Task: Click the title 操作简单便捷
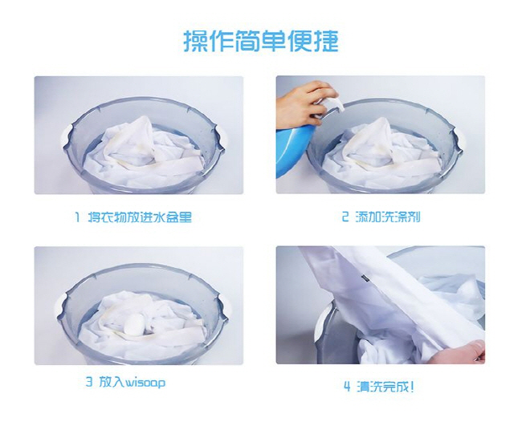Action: coord(261,41)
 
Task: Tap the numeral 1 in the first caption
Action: coord(77,217)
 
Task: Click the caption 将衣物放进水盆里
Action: coord(140,217)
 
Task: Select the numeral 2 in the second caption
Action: coord(345,217)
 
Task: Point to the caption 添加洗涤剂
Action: coord(388,217)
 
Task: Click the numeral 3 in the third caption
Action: coord(89,382)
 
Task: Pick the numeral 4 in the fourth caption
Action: coord(347,387)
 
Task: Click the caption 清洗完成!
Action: coord(385,387)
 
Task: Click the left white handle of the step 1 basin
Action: coord(67,137)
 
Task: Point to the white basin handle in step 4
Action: coord(322,321)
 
